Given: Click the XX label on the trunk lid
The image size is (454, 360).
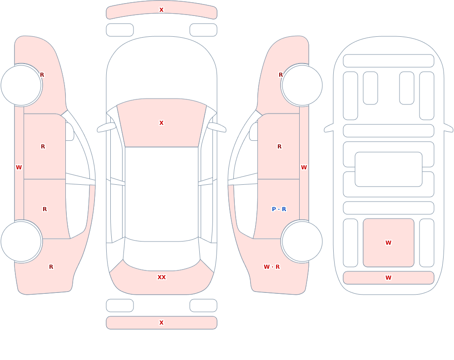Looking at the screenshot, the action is coord(162,277).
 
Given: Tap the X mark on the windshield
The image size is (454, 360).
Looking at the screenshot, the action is coord(162,123).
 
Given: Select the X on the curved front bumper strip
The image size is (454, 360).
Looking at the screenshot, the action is coord(162,10).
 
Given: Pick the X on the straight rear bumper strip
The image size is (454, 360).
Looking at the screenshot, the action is coord(162,323).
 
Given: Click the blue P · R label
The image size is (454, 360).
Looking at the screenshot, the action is coord(279,209).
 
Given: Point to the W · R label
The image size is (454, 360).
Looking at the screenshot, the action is coord(272,267).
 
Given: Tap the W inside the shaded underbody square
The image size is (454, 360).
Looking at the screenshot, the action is coord(389,243).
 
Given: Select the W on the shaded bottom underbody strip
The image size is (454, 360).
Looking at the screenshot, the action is coord(389,278).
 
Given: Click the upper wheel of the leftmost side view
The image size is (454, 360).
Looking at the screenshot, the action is coord(21,85).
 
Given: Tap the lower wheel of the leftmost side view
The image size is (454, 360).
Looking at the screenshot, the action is coord(21,241).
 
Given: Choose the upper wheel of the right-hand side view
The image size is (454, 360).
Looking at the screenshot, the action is coord(302,85).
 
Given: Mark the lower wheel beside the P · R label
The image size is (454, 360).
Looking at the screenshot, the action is coord(302,241).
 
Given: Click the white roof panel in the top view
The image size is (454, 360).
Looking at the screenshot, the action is coord(162,194).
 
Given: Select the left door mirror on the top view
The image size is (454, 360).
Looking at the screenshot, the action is coord(106,128).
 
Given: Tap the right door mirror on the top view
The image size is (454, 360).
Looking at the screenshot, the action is coord(217,128).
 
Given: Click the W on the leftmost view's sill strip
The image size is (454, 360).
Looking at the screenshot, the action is coord(19,168).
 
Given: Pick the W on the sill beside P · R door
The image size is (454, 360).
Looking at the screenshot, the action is coord(304,168).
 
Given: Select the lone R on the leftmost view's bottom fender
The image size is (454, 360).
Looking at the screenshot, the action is coord(51,267).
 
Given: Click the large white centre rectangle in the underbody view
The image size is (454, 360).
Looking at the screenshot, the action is coord(389,169).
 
